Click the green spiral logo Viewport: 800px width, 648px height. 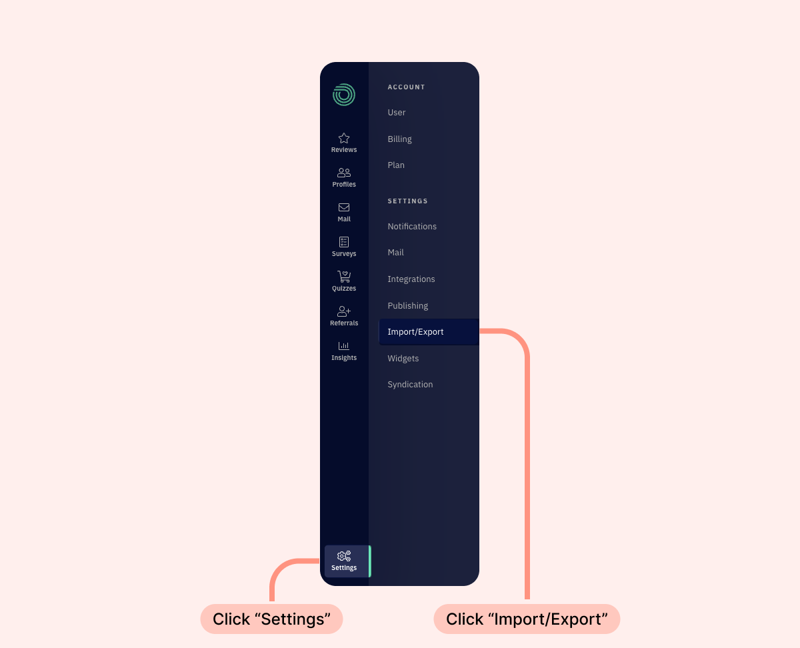click(343, 94)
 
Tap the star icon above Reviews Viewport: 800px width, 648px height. click(343, 138)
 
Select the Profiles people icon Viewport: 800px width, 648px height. click(343, 173)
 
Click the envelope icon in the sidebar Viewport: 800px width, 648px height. click(343, 207)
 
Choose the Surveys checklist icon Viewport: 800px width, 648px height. click(343, 242)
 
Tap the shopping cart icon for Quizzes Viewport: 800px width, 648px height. click(343, 277)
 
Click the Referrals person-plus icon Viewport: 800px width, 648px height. click(343, 311)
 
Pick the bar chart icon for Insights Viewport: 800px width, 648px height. click(343, 345)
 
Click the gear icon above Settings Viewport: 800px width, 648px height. click(343, 556)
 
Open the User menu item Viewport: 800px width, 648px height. click(396, 112)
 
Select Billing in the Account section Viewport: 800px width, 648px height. click(399, 139)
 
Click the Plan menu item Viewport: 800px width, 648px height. click(396, 165)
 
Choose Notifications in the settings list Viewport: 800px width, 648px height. click(411, 226)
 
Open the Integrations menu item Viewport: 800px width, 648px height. click(411, 279)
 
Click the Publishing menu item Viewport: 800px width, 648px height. click(407, 306)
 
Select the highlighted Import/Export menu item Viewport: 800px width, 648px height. click(429, 332)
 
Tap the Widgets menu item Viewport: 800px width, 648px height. click(403, 359)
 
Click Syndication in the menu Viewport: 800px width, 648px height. click(410, 384)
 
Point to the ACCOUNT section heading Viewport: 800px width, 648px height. click(406, 87)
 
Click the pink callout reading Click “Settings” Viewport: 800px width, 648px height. click(271, 619)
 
